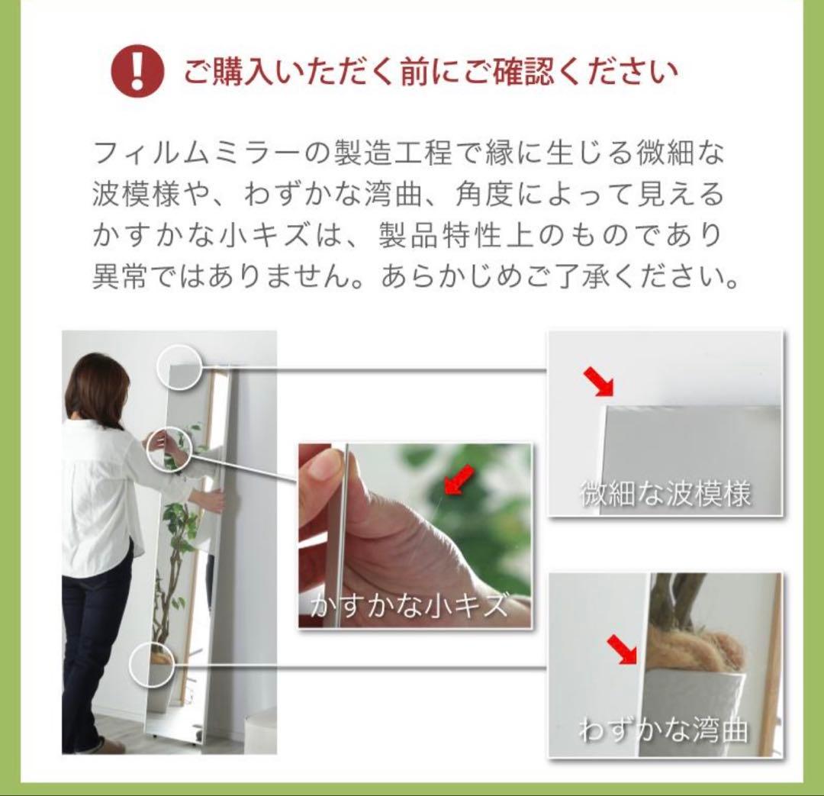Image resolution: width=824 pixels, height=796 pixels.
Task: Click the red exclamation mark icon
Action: [137, 72]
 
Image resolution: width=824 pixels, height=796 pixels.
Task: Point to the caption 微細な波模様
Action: [665, 495]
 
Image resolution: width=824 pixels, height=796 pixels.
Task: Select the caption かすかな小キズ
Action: [409, 606]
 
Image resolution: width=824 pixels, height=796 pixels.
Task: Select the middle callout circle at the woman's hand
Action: [168, 448]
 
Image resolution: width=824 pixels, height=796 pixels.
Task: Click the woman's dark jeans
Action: [95, 641]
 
